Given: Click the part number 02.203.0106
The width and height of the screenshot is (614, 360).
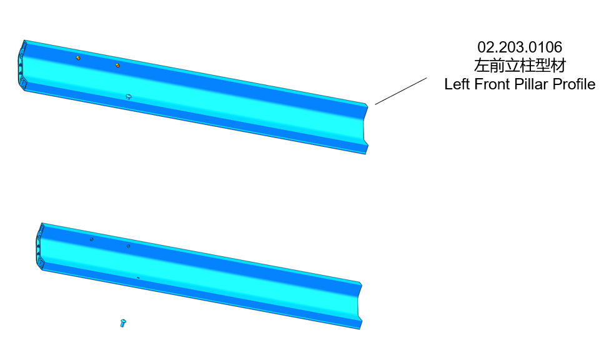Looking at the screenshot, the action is coord(520,47).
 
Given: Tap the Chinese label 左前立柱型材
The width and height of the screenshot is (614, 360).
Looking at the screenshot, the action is coord(520,66).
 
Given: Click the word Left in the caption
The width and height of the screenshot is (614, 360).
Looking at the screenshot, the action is coord(457,84).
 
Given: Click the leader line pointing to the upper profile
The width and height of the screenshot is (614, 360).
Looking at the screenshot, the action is coord(401,91).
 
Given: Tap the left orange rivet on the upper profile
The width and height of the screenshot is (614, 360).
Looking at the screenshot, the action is coord(78,58).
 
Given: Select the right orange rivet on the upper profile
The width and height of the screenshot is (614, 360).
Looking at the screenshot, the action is coord(117,66).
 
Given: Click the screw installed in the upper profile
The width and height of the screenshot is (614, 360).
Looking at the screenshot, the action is coord(129,96).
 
